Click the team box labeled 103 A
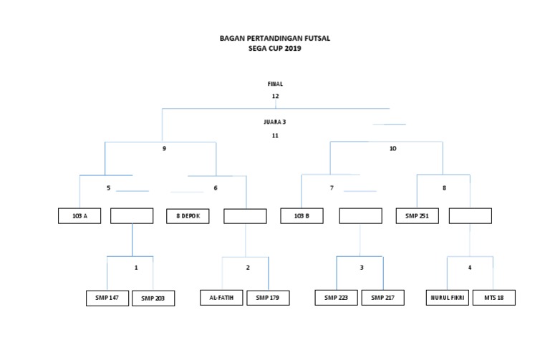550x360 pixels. coord(79,215)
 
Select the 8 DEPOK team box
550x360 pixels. coord(188,215)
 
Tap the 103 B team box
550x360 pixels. coord(301,215)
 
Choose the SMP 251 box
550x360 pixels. coord(418,215)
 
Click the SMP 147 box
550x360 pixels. coord(107,298)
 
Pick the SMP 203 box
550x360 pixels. coord(153,298)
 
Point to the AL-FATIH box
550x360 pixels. coord(221,298)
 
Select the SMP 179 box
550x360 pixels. coord(268,298)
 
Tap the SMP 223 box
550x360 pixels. coord(337,298)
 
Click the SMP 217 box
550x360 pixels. coord(383,298)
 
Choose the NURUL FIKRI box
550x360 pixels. coord(448,298)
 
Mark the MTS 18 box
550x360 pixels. coord(493,298)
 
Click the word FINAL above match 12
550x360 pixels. coord(275,84)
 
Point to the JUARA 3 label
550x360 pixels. coord(275,122)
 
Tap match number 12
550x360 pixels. coord(275,96)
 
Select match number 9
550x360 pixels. coord(164,149)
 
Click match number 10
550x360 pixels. coord(392,149)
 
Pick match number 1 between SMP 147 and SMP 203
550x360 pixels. coord(135,268)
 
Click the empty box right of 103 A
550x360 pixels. coord(132,215)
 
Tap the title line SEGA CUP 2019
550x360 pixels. coord(275,49)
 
